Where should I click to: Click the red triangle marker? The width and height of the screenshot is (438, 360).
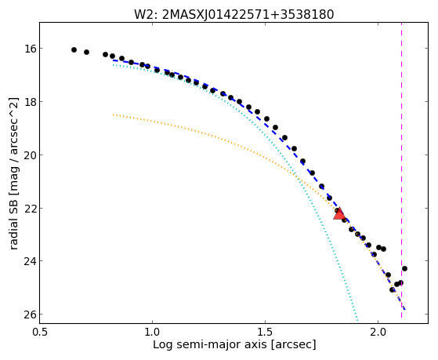pyautogui.click(x=339, y=214)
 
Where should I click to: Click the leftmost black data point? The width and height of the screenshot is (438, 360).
pyautogui.click(x=74, y=49)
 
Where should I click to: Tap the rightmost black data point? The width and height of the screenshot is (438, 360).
pyautogui.click(x=404, y=268)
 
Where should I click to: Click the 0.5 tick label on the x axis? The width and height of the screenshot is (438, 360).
pyautogui.click(x=40, y=332)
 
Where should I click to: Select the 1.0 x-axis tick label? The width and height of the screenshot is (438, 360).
pyautogui.click(x=152, y=332)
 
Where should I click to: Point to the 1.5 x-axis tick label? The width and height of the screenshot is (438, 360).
pyautogui.click(x=265, y=332)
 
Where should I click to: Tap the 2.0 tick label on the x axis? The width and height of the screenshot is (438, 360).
pyautogui.click(x=378, y=332)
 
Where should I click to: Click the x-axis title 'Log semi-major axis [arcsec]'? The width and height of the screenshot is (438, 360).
pyautogui.click(x=234, y=344)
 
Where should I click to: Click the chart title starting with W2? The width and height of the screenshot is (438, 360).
pyautogui.click(x=233, y=14)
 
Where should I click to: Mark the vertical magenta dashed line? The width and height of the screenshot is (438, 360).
pyautogui.click(x=401, y=170)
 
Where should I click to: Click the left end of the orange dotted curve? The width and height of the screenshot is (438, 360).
pyautogui.click(x=113, y=115)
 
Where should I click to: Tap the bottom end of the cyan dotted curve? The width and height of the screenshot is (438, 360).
pyautogui.click(x=357, y=320)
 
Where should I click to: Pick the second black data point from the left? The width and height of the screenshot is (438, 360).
pyautogui.click(x=87, y=52)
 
